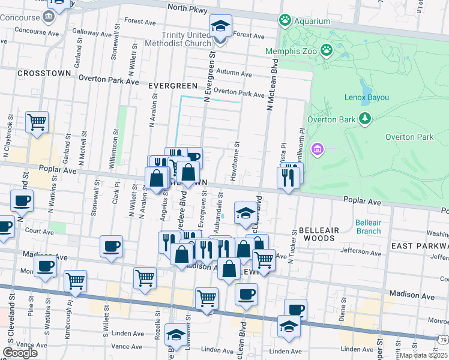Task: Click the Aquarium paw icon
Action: click(285, 20)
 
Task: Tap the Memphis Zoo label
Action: click(291, 50)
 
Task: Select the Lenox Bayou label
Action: click(367, 97)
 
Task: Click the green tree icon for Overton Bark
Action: click(364, 118)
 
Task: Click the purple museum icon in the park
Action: click(318, 148)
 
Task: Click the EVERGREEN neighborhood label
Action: click(173, 86)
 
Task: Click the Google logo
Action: click(20, 353)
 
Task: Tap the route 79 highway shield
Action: click(443, 340)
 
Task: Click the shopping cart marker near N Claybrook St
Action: click(37, 122)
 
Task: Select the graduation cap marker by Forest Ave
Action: click(220, 26)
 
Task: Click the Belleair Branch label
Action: click(367, 227)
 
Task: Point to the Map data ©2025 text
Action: click(423, 355)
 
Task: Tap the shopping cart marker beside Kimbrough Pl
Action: click(75, 280)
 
